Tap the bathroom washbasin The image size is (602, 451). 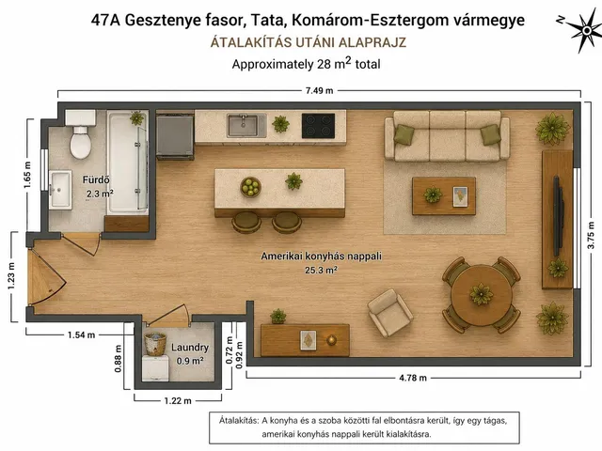[x=60, y=190]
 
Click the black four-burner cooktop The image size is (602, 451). [x=318, y=126]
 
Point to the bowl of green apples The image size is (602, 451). [x=251, y=187]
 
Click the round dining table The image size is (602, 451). [x=482, y=294]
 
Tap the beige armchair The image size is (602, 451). [x=390, y=313]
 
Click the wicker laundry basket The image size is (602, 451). [x=155, y=344]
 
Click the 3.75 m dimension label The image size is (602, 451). [x=592, y=235]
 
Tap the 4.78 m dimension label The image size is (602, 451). [x=413, y=378]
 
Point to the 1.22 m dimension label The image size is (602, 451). [x=178, y=401]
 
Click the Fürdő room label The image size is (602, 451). [x=96, y=179]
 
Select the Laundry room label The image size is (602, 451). [x=190, y=348]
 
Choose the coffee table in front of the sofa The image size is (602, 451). [x=444, y=196]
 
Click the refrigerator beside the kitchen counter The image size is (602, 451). [x=175, y=135]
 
